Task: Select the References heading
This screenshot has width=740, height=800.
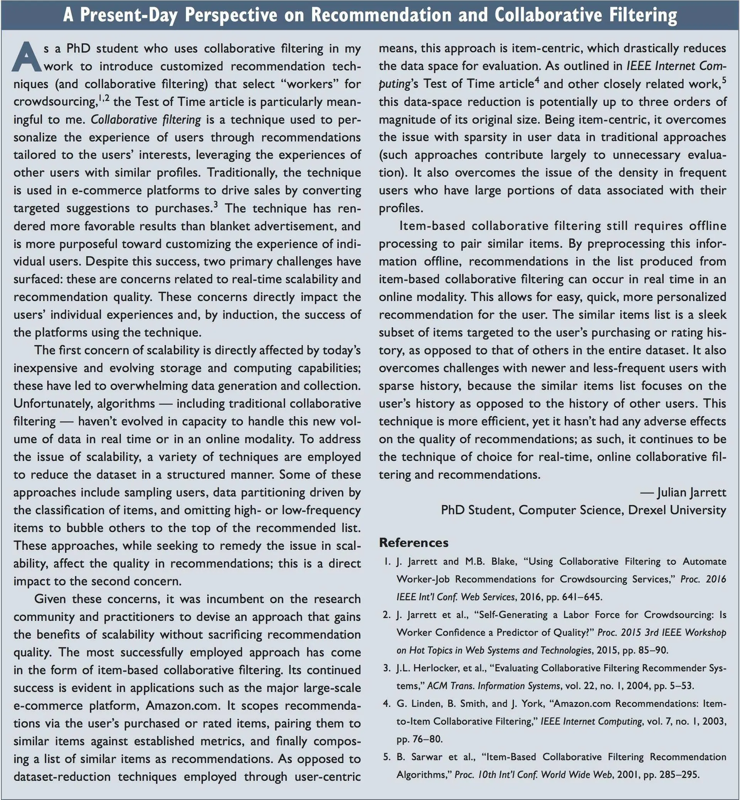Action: [x=413, y=543]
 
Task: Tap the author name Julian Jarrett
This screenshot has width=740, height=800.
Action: [x=691, y=492]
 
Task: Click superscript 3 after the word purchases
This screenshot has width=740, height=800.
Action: [x=215, y=205]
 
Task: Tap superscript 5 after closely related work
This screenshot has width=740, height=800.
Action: [x=723, y=81]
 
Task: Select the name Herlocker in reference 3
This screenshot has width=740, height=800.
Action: [x=435, y=668]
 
